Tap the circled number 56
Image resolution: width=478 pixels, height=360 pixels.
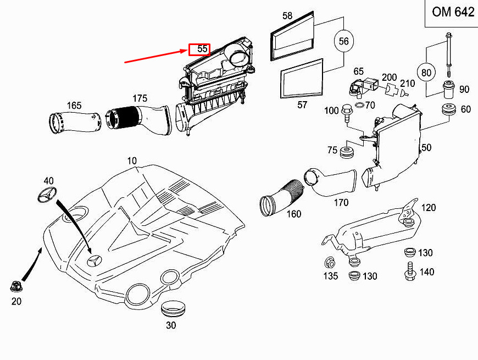pos(343,41)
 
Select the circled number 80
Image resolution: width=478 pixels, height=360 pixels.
pos(426,72)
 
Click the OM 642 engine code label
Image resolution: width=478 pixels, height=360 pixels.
pos(453,12)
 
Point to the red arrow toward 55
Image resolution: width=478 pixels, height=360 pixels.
pos(156,56)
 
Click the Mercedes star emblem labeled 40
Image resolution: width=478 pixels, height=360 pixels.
pos(47,194)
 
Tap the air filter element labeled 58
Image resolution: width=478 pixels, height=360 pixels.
pos(292,36)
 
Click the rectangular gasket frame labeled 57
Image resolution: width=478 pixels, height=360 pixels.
pos(302,79)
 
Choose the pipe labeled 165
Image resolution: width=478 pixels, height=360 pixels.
pos(75,122)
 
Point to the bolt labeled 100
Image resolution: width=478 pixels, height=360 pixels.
pos(347,113)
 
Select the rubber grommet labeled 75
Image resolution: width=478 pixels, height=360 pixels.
pos(347,152)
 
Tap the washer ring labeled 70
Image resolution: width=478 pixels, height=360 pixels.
pos(360,106)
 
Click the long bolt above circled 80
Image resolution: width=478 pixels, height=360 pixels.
pos(448,54)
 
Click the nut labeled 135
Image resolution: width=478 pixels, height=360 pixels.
pos(330,262)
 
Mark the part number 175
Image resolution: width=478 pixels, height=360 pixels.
pos(140,98)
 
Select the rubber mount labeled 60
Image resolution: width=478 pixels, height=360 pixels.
pos(449,110)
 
